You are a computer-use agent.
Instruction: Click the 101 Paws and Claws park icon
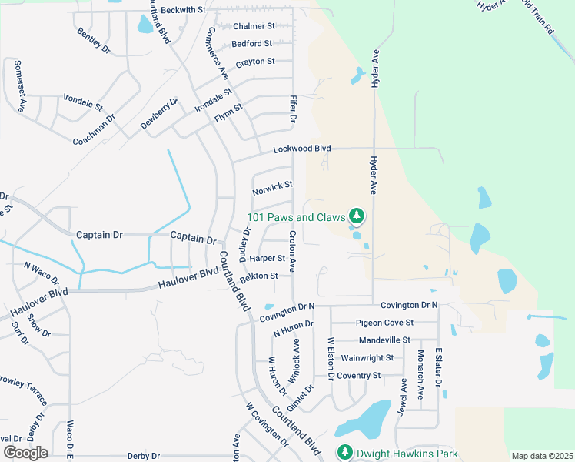(356, 215)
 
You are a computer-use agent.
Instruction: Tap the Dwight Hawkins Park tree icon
(343, 452)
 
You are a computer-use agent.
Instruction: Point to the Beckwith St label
(184, 10)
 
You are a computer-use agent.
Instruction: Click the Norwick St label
(273, 186)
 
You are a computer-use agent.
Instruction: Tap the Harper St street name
(267, 259)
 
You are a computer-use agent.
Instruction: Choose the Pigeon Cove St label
(384, 323)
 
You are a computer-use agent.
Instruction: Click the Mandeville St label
(384, 340)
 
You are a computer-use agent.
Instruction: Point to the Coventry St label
(358, 376)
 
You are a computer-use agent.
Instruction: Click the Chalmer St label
(253, 26)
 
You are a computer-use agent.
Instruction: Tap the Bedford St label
(251, 44)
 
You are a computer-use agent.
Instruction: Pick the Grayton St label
(255, 62)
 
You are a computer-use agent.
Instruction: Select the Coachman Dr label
(94, 130)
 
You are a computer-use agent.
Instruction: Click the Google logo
(25, 453)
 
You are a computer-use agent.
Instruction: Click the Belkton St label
(258, 276)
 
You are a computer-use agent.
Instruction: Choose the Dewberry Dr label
(159, 114)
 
